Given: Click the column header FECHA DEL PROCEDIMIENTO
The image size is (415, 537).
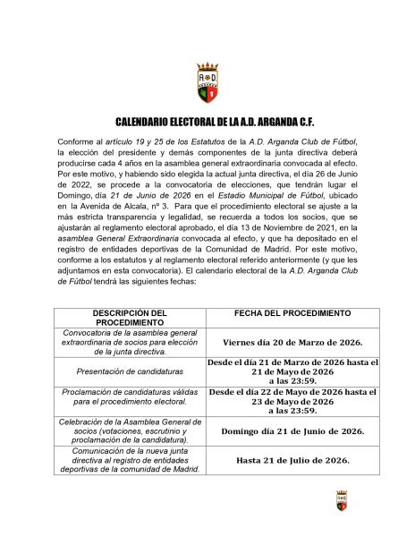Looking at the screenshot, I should pyautogui.click(x=292, y=314).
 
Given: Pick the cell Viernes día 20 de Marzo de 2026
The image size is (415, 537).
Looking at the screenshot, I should pyautogui.click(x=292, y=341).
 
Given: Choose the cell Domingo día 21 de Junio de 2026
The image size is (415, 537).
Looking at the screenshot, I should pyautogui.click(x=292, y=430).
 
